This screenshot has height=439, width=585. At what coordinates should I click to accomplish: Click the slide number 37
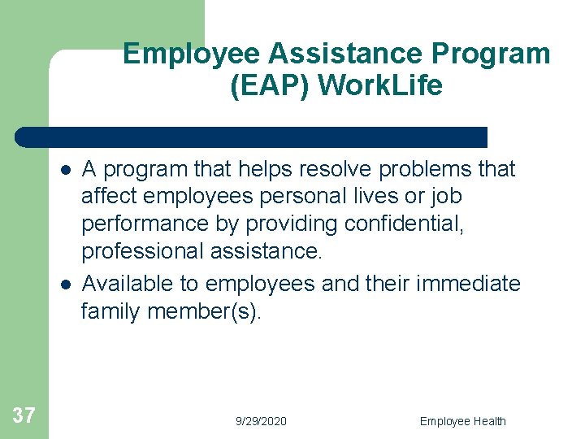24,416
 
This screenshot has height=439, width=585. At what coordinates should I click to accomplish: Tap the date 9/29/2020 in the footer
261,421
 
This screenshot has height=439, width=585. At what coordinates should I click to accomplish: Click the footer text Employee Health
462,421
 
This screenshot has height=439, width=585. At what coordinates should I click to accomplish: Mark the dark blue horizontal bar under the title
252,137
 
